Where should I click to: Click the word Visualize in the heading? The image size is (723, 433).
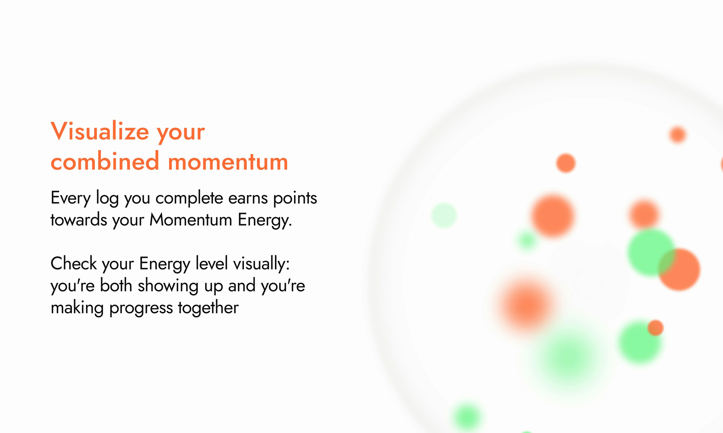tap(100, 131)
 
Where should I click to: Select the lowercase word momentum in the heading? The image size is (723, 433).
tap(228, 162)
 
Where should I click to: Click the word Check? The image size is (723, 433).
tap(74, 264)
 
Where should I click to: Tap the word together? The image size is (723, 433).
tap(208, 308)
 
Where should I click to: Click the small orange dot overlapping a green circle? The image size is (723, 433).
tap(656, 328)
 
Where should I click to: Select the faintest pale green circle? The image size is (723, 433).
tap(444, 215)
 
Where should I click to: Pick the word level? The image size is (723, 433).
tap(212, 264)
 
